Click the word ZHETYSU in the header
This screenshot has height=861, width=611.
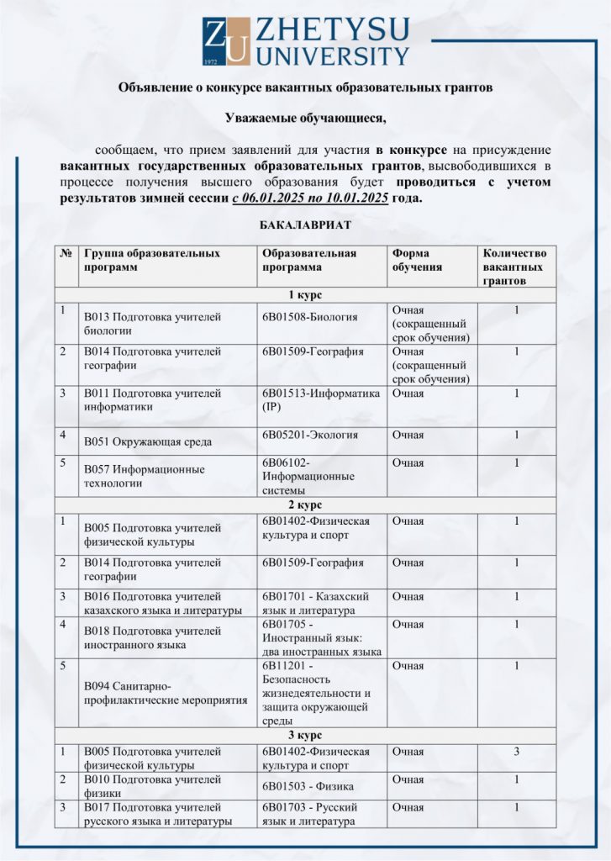click(332, 31)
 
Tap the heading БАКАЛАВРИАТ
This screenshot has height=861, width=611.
click(304, 225)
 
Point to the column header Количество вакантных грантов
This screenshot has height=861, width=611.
click(515, 266)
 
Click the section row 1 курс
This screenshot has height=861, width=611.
click(304, 294)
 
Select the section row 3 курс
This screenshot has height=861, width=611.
click(304, 736)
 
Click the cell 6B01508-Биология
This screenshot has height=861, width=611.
click(310, 317)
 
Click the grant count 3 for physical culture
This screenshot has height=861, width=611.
click(516, 751)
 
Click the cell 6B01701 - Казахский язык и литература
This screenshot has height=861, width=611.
click(316, 603)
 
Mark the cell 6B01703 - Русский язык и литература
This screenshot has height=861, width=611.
click(315, 814)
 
